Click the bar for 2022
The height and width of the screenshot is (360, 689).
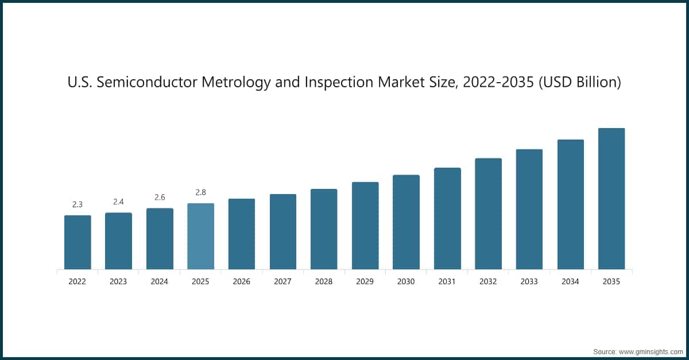78,242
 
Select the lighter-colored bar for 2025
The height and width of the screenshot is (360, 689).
200,236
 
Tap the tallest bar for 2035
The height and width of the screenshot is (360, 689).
611,198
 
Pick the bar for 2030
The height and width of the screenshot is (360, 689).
406,222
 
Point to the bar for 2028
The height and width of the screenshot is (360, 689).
324,229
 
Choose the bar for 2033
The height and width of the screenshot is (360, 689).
529,209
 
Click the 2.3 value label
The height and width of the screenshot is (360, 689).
78,204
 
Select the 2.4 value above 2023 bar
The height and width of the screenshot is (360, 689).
118,202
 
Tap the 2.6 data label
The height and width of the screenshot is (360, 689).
160,197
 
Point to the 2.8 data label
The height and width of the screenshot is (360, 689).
200,192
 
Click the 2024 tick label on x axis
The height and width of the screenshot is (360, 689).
160,282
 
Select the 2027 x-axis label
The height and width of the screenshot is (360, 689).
282,282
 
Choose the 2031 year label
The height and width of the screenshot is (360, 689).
447,282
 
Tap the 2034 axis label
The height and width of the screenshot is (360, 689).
570,282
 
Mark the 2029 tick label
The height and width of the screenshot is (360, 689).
365,282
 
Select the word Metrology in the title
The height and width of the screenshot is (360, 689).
241,83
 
